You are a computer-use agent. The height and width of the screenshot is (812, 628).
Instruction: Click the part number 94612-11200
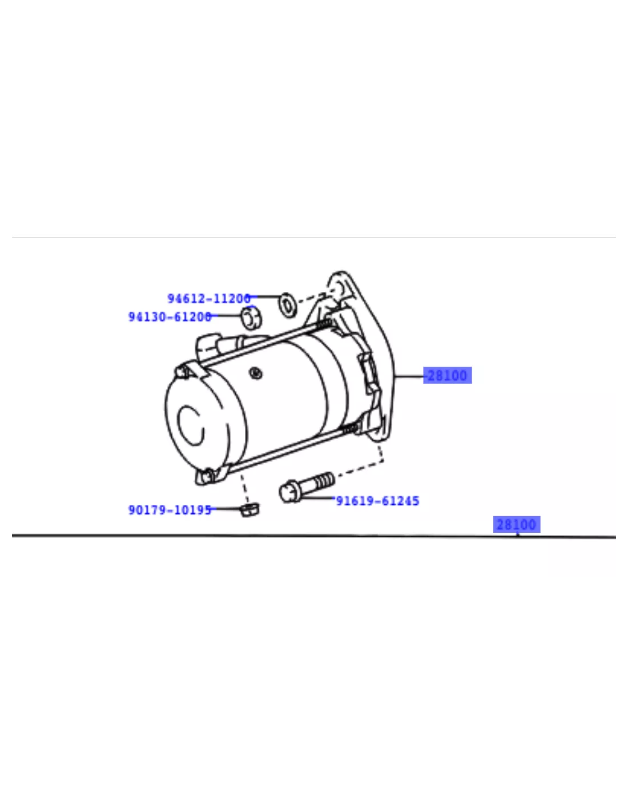click(x=209, y=299)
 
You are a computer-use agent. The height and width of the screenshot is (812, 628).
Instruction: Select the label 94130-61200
click(x=170, y=317)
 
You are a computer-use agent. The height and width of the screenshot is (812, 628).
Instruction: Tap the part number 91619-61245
click(x=378, y=501)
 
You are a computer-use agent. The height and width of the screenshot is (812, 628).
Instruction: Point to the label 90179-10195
click(x=170, y=510)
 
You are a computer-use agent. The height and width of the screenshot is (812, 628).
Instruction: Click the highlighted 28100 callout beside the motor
click(x=448, y=375)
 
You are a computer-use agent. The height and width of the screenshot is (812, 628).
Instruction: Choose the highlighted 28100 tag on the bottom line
click(x=517, y=524)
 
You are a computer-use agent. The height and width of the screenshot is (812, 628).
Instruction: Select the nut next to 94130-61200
click(x=251, y=318)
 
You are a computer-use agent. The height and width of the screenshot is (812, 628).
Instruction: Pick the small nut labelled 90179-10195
click(x=249, y=509)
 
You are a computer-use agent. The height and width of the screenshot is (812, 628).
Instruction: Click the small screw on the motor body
click(x=256, y=373)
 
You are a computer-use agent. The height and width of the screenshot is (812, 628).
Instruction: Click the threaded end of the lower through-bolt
click(x=352, y=429)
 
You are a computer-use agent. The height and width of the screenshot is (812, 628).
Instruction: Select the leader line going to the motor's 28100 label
click(x=409, y=376)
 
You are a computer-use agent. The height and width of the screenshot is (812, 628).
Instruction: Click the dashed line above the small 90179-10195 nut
click(x=245, y=489)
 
